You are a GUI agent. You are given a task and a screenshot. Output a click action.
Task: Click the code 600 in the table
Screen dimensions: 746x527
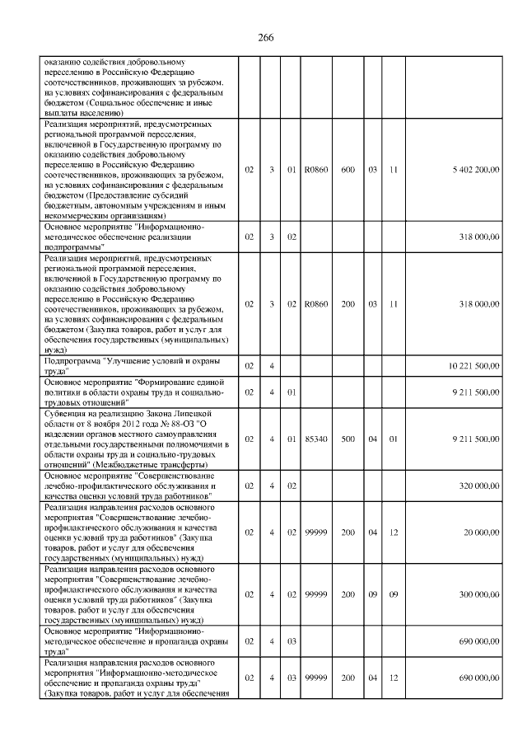[x=347, y=169]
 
